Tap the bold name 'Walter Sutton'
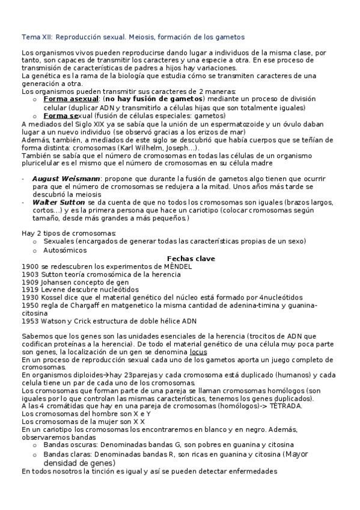tap(58, 203)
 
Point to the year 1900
tap(29, 266)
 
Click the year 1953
tap(29, 321)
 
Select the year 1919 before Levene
tap(29, 289)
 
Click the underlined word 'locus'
tap(198, 351)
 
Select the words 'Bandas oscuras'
tap(70, 444)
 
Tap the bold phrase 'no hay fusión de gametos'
tap(153, 99)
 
